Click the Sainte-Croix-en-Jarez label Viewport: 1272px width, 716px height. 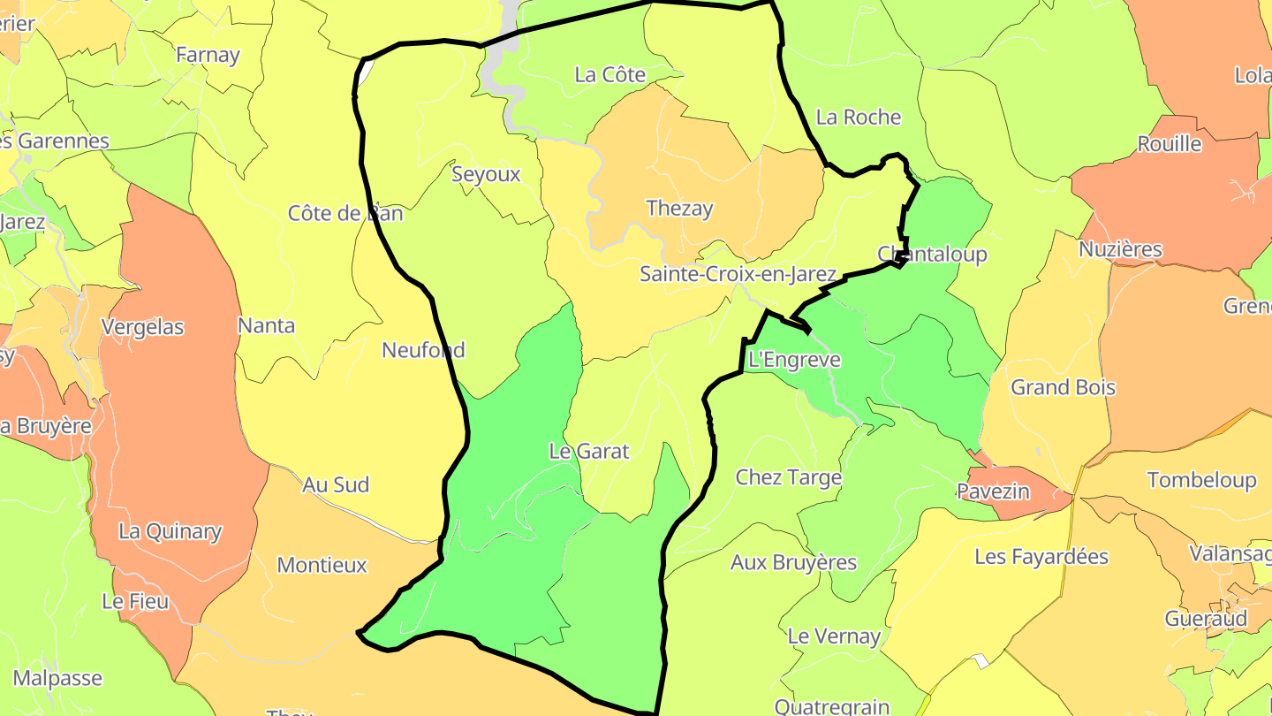tap(738, 274)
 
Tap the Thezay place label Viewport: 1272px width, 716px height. tap(679, 209)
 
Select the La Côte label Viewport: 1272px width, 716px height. tap(609, 75)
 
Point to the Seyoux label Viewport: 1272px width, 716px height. tap(486, 174)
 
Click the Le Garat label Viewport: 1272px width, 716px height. tap(589, 451)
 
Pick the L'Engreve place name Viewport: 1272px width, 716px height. tap(794, 360)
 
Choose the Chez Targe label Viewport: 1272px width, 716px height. tap(789, 477)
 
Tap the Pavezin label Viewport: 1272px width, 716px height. tap(994, 491)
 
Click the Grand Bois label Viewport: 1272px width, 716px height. tap(1063, 387)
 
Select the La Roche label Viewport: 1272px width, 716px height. tap(859, 117)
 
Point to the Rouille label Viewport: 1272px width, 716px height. tap(1170, 144)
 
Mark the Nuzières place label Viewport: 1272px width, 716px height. tap(1121, 250)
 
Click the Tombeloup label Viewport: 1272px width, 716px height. tap(1201, 480)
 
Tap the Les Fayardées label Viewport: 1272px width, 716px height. tap(1041, 557)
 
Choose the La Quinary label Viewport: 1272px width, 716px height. tap(170, 531)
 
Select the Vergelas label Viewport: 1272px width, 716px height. tap(142, 327)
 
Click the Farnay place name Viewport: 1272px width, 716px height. tap(208, 55)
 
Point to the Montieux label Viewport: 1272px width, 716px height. tap(322, 565)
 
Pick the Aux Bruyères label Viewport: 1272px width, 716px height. tap(793, 562)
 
